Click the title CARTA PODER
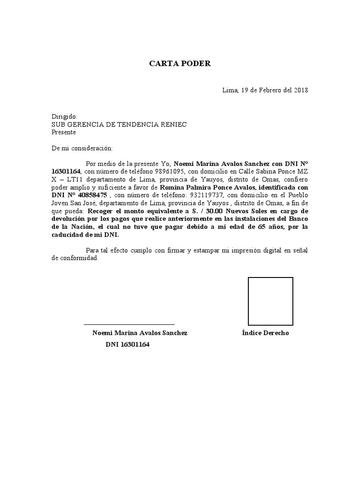point(180,64)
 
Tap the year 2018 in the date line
point(300,90)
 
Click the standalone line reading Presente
point(63,132)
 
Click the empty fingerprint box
point(270,301)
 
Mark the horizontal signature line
point(129,324)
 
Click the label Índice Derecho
point(265,333)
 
